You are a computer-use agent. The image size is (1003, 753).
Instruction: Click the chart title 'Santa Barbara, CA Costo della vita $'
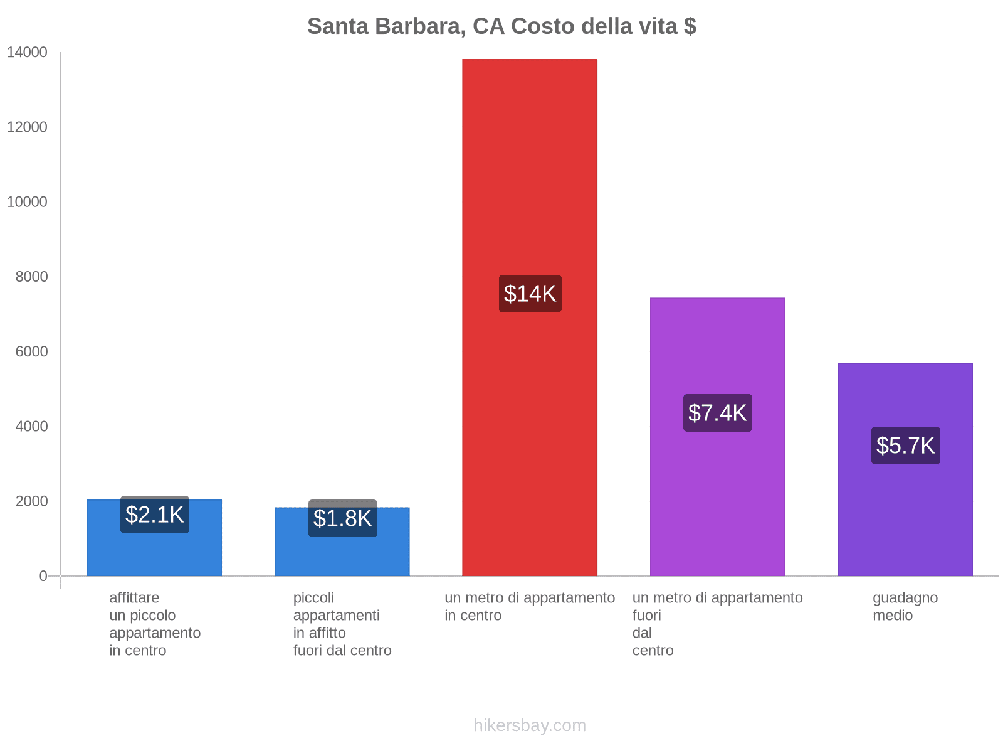pyautogui.click(x=501, y=26)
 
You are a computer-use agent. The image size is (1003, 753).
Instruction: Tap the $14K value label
pyautogui.click(x=530, y=294)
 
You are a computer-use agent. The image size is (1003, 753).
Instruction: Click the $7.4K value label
pyautogui.click(x=717, y=413)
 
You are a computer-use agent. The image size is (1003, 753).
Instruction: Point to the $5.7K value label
pyautogui.click(x=905, y=446)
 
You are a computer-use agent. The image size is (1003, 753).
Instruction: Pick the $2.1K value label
pyautogui.click(x=154, y=515)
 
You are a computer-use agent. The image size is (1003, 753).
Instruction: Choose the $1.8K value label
pyautogui.click(x=342, y=518)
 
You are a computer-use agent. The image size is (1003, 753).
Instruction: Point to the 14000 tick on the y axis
pyautogui.click(x=27, y=53)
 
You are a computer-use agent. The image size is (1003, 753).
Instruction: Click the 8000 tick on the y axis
pyautogui.click(x=31, y=277)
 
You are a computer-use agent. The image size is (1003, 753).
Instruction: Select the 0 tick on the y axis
pyautogui.click(x=43, y=576)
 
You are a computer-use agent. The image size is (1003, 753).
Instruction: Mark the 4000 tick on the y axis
pyautogui.click(x=31, y=427)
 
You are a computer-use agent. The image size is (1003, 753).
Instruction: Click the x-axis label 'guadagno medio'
pyautogui.click(x=905, y=606)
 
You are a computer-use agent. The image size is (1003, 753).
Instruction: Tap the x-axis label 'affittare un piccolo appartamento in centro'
pyautogui.click(x=154, y=624)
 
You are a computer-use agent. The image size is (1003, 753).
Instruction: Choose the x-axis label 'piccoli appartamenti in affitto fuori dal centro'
pyautogui.click(x=342, y=624)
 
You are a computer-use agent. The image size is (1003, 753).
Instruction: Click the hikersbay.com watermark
pyautogui.click(x=530, y=725)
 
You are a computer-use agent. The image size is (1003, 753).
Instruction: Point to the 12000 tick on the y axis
pyautogui.click(x=27, y=127)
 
